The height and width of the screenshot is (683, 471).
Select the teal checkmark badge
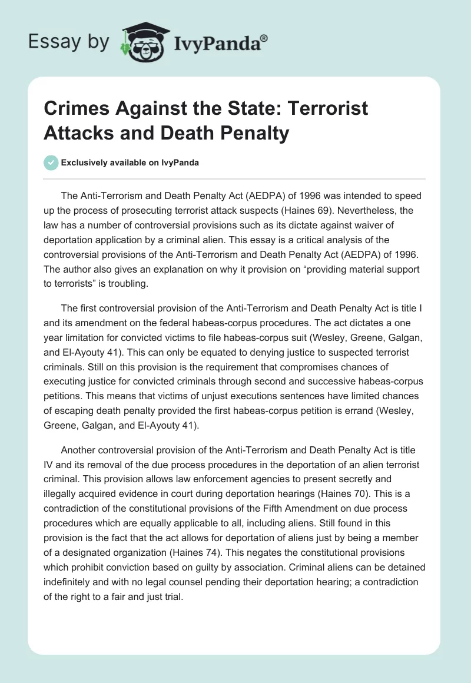coord(52,163)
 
